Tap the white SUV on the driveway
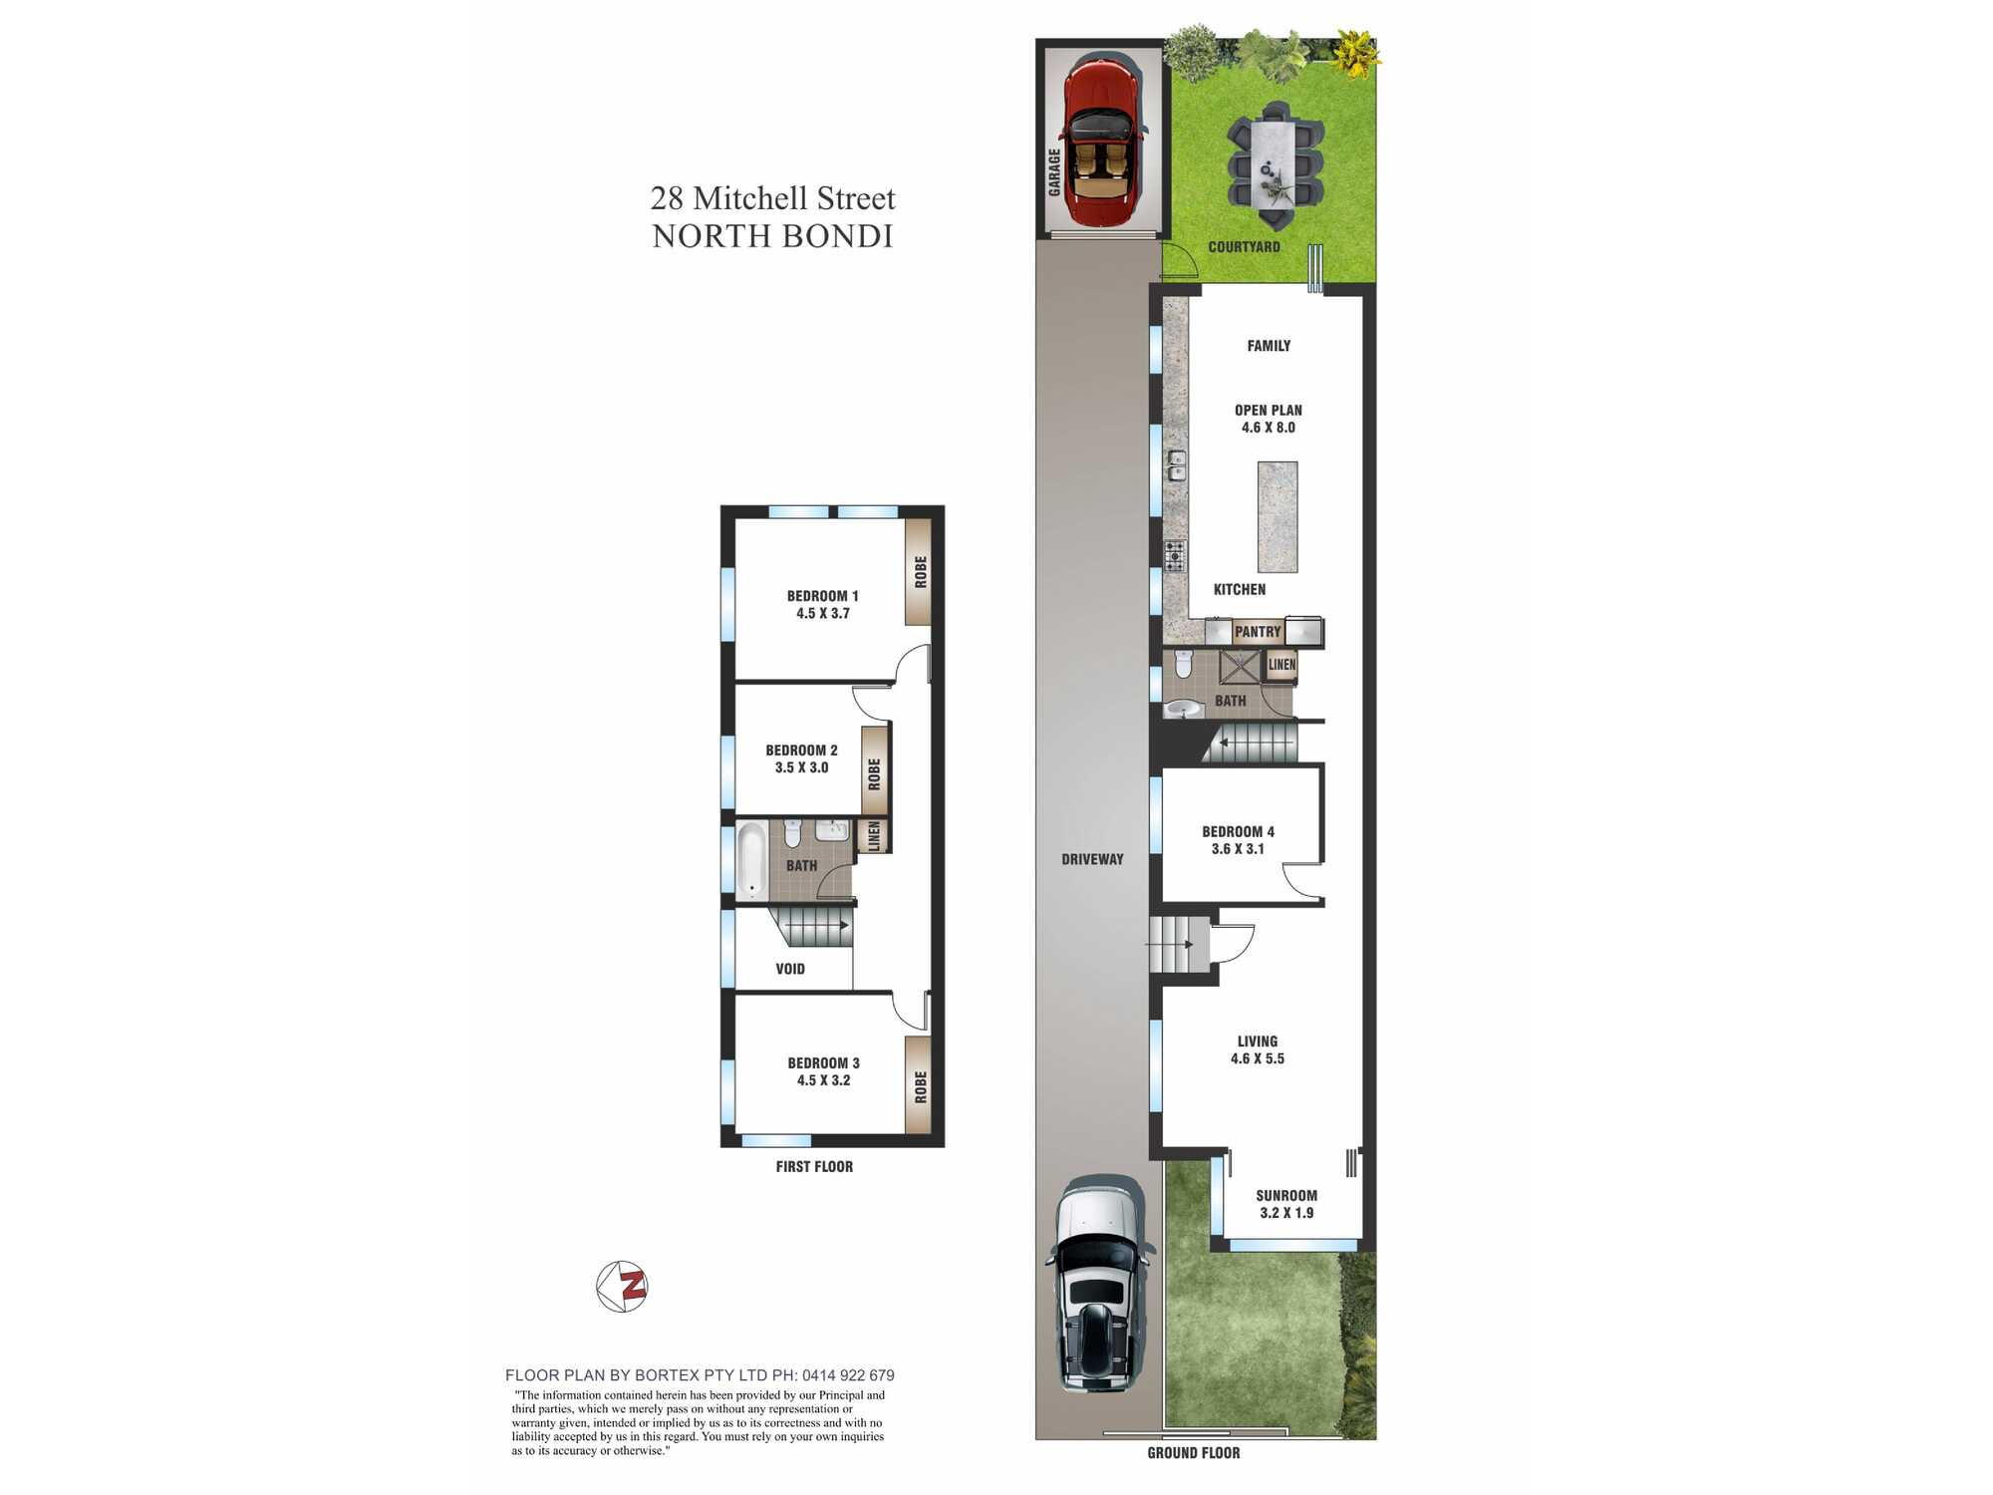point(1097,1285)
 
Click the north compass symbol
point(622,1287)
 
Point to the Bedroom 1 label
point(822,605)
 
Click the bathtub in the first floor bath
point(751,860)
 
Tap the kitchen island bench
point(1278,516)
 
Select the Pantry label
point(1258,632)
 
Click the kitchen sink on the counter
point(1177,464)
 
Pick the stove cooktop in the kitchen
point(1176,556)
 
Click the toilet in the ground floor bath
point(1183,663)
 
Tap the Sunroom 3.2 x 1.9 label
point(1286,1204)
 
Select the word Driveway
point(1092,859)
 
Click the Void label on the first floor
point(790,969)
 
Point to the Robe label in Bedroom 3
point(920,1087)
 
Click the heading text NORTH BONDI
point(773,237)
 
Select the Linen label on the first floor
point(874,836)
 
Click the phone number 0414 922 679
point(848,1375)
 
